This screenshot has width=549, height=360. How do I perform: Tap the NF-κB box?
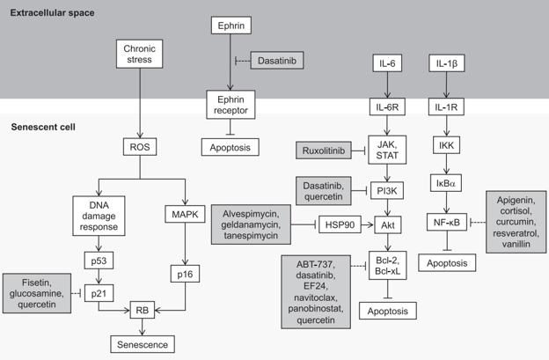click(x=450, y=224)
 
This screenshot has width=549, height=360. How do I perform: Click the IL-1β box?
click(x=450, y=65)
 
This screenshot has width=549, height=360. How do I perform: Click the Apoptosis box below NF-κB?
click(x=450, y=262)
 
